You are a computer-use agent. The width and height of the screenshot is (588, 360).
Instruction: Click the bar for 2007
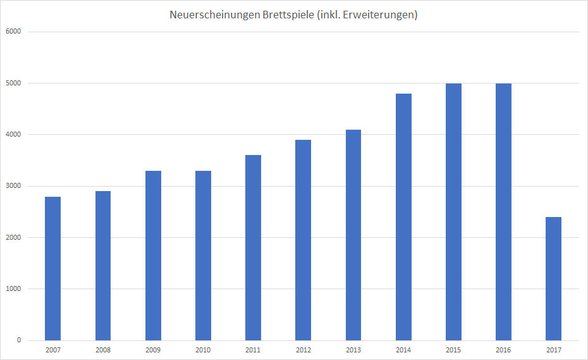coord(53,268)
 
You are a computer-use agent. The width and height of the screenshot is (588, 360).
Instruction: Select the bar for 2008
coord(103,266)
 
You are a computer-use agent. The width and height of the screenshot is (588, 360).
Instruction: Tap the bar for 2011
coord(253,247)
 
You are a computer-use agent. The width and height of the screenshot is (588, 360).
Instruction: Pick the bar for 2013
coord(353,235)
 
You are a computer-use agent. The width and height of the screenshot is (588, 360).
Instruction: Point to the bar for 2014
coord(403,216)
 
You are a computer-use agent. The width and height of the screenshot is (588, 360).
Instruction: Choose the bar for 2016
coord(503,211)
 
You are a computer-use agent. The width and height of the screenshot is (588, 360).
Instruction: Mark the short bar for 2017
coord(553,278)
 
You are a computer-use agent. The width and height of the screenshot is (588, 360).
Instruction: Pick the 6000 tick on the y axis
coord(13,32)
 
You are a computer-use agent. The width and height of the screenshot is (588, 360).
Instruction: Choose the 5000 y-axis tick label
coord(13,83)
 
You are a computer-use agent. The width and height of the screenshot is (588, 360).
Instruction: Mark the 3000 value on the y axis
coord(13,186)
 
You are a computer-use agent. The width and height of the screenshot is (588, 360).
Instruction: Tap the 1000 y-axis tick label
coord(13,289)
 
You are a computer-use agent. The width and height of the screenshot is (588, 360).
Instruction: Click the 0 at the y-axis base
coord(18,340)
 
